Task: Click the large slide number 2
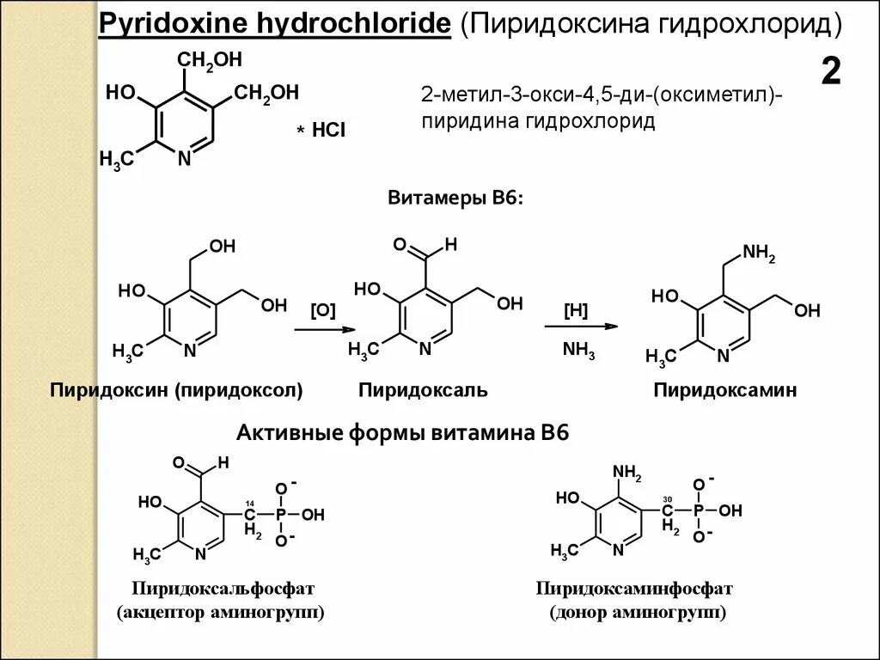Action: point(830,72)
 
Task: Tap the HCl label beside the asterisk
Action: point(329,130)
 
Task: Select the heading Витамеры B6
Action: point(455,199)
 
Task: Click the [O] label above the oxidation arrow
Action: point(323,310)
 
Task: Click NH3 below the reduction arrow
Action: point(578,350)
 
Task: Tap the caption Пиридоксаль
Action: point(423,390)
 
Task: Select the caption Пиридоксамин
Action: point(724,390)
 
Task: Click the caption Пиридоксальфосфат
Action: point(223,589)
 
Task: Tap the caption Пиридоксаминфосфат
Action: point(634,589)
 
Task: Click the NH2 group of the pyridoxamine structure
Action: point(759,253)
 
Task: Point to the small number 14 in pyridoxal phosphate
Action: point(249,503)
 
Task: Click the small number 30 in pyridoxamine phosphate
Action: point(667,500)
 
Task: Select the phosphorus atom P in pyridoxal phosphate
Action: point(280,515)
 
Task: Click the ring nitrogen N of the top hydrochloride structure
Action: point(184,158)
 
